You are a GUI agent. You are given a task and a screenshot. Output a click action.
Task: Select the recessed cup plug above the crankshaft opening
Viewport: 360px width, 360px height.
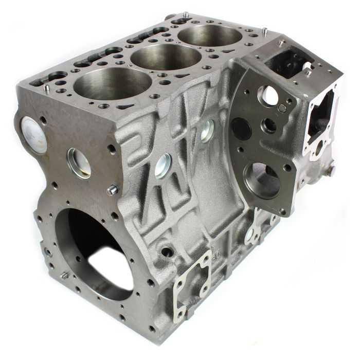79,163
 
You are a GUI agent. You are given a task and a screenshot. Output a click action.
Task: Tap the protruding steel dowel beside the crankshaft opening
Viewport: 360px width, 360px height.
112,191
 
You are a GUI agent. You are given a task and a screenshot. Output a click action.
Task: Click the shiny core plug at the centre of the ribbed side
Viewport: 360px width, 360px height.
163,166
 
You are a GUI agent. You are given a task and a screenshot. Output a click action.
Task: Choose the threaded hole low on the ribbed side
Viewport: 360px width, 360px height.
167,253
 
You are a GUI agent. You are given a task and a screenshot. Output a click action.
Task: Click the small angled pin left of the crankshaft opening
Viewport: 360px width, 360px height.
64,276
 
